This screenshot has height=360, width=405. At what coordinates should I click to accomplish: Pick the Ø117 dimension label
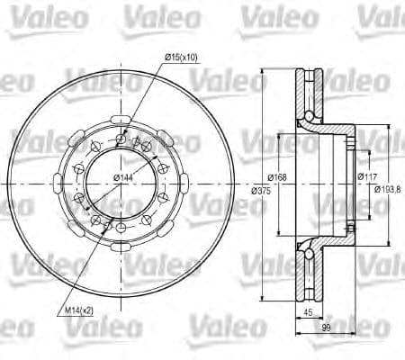click(366, 176)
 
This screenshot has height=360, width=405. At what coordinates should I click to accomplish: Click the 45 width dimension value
click(310, 313)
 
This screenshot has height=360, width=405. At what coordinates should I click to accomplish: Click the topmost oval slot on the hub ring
click(120, 118)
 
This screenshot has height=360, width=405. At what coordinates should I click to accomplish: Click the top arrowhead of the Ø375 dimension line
click(262, 67)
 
